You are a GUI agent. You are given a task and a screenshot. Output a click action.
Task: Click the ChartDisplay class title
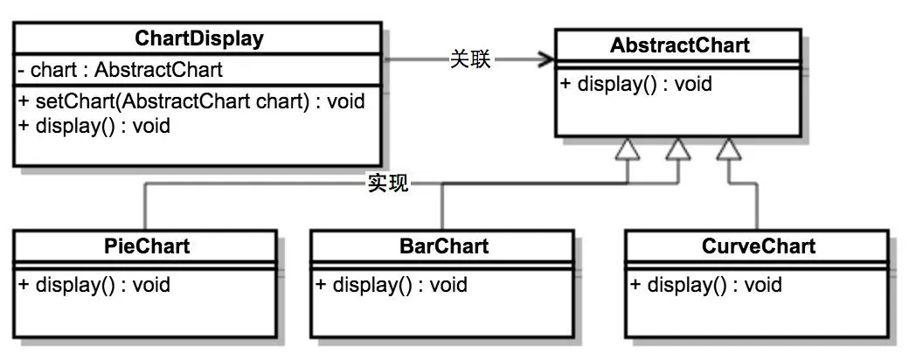pyautogui.click(x=199, y=38)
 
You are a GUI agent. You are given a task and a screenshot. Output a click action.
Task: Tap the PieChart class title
pyautogui.click(x=145, y=246)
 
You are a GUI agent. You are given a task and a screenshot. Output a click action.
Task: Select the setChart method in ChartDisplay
pyautogui.click(x=191, y=101)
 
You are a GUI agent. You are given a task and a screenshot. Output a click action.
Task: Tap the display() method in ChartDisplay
pyautogui.click(x=94, y=125)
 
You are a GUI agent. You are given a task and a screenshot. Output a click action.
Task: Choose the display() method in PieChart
pyautogui.click(x=94, y=285)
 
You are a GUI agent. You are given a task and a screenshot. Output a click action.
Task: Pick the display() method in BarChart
pyautogui.click(x=391, y=285)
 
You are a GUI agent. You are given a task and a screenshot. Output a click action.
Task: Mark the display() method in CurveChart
pyautogui.click(x=705, y=285)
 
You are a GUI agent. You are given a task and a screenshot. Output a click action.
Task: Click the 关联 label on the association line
pyautogui.click(x=470, y=59)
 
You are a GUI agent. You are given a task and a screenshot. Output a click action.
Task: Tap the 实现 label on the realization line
pyautogui.click(x=387, y=183)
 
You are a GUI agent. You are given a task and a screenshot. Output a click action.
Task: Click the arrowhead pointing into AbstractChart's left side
pyautogui.click(x=548, y=59)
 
